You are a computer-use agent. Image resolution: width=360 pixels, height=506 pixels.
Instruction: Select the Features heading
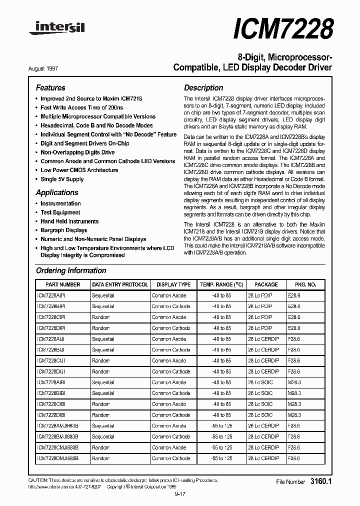[50, 87]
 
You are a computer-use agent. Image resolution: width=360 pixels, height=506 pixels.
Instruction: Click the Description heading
[203, 87]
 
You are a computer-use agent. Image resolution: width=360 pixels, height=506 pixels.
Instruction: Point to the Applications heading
[57, 192]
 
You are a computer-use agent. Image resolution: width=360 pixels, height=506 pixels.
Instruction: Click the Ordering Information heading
[71, 270]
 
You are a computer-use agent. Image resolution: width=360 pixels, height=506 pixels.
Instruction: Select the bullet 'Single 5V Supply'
[62, 179]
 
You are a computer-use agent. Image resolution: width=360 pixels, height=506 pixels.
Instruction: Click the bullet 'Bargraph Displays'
[63, 230]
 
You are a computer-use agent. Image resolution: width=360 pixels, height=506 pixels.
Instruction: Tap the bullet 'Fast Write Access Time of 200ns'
[81, 107]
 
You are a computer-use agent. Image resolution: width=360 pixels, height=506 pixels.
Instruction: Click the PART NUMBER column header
[62, 284]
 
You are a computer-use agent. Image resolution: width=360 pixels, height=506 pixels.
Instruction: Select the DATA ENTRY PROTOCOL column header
[120, 284]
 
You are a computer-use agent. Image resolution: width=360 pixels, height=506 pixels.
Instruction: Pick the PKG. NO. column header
[305, 284]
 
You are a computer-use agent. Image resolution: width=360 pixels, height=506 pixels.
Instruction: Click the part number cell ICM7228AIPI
[51, 295]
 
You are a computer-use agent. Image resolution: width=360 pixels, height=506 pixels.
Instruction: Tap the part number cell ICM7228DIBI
[51, 415]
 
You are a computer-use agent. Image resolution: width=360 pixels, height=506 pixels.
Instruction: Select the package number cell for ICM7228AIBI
[294, 382]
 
